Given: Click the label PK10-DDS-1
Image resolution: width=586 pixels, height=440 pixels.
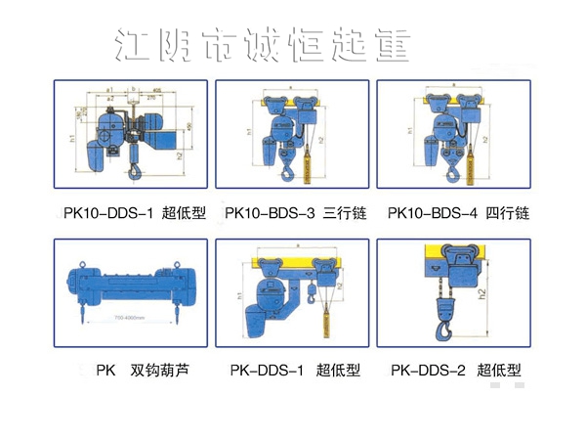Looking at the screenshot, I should (106, 212).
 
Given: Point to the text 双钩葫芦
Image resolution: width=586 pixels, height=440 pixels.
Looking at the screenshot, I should (158, 371).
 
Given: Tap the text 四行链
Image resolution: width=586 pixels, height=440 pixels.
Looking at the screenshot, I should (507, 212).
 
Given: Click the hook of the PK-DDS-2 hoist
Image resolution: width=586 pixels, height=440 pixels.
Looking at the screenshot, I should (445, 330).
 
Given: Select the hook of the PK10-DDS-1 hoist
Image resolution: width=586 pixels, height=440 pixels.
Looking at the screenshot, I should (135, 175).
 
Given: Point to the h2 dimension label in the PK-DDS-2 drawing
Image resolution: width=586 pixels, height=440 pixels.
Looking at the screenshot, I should (509, 293).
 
